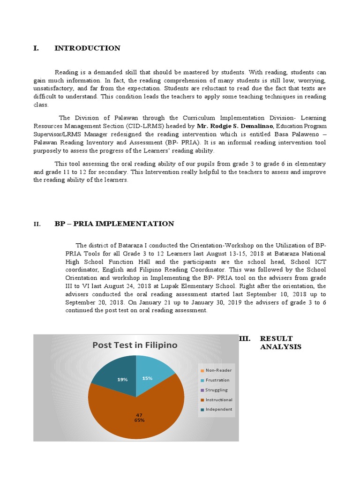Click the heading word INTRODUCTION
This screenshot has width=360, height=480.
[87, 48]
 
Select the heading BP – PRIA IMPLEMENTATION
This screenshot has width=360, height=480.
[114, 224]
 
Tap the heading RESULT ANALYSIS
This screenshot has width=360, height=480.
[280, 343]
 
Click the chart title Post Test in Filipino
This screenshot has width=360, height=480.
[135, 345]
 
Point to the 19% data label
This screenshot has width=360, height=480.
[123, 380]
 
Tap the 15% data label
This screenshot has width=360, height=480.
[147, 378]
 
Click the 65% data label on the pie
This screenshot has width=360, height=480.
[139, 420]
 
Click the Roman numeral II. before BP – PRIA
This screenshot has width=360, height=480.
[37, 225]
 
